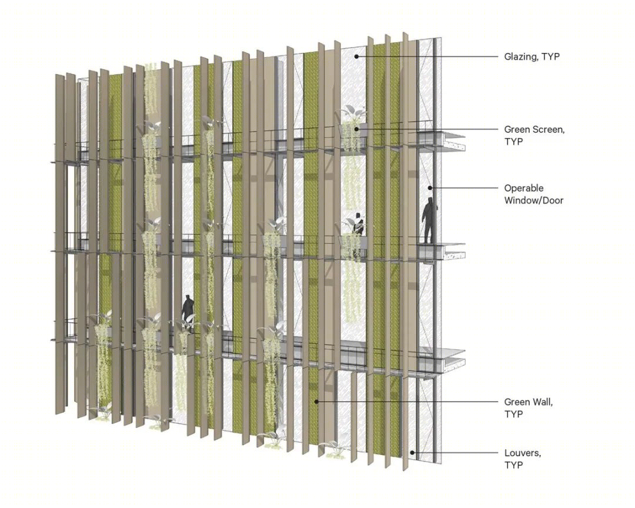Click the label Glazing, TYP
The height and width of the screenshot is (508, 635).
pos(532,56)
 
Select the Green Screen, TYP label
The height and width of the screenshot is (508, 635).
pos(534,135)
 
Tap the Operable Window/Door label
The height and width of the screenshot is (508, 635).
pos(533,194)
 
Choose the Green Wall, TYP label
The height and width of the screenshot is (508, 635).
pos(528,408)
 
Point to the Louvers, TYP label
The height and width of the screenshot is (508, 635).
pos(523,459)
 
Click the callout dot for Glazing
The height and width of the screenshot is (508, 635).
pos(356,56)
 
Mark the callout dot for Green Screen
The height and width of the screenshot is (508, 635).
pos(356,129)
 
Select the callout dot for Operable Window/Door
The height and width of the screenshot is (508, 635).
pos(430,188)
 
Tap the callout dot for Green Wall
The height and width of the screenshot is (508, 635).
pos(317,402)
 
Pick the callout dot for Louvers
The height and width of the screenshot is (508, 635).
pos(412,453)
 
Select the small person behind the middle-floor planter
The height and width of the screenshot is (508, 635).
pos(359,225)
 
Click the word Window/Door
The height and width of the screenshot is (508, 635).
pos(533,200)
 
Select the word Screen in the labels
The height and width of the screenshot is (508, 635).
pos(547,129)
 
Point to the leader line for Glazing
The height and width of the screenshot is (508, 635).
pos(427,56)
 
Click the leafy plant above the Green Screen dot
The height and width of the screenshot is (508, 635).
pos(352,114)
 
